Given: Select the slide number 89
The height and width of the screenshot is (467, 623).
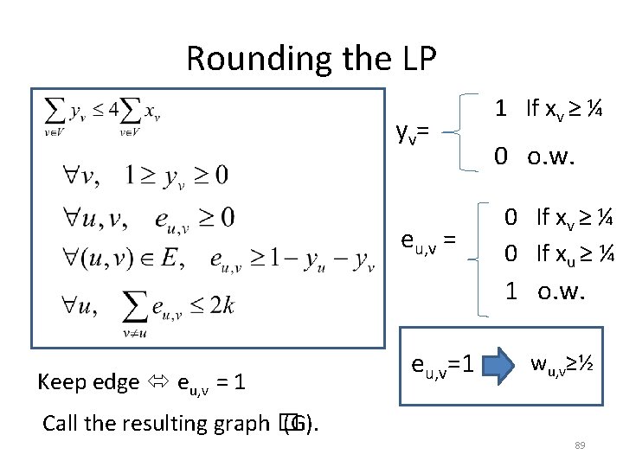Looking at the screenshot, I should (581, 445).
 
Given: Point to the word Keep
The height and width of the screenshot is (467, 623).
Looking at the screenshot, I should (66, 381).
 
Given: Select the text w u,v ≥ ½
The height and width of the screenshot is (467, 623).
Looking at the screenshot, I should (560, 364).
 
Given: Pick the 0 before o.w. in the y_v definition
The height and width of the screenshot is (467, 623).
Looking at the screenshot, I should (500, 157).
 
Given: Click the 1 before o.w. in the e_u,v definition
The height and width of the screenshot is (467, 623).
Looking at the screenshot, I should (512, 291).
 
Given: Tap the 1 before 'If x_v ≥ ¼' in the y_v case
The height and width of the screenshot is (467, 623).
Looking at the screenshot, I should (500, 108).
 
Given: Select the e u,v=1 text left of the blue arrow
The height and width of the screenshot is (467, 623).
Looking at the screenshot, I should (440, 366).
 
